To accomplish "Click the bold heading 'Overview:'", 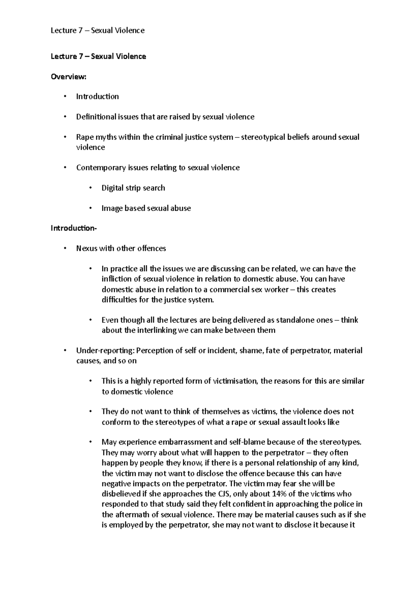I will [68, 77].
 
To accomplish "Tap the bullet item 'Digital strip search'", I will [133, 188].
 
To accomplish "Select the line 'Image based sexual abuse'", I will [146, 208].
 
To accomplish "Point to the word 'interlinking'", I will [156, 330].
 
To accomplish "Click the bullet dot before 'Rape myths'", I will [65, 137].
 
